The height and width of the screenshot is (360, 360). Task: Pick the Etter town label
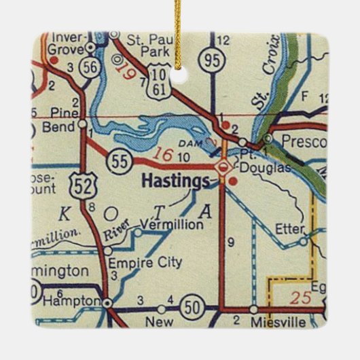pyautogui.click(x=291, y=230)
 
